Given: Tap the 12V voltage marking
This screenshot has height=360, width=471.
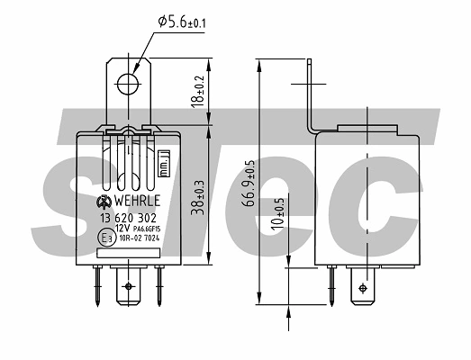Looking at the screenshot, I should (x=122, y=229).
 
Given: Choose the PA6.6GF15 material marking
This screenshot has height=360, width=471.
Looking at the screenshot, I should (x=149, y=229).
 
